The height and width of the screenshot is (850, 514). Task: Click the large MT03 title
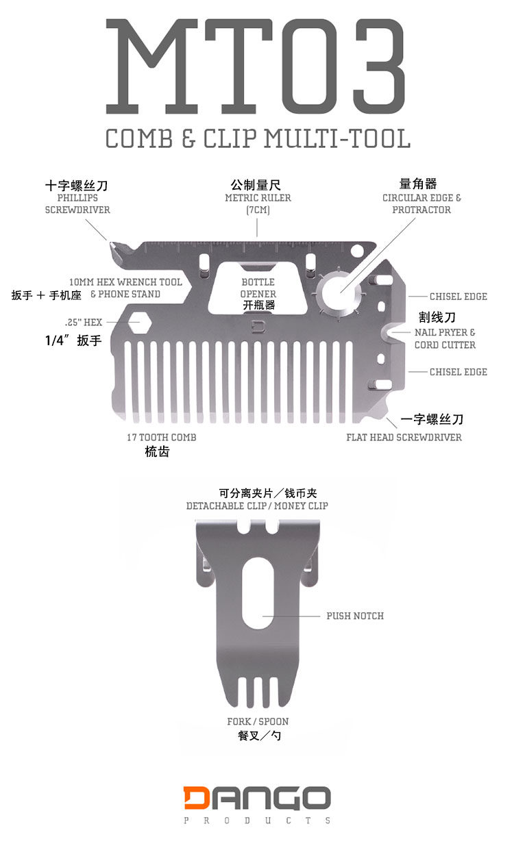pos(257,67)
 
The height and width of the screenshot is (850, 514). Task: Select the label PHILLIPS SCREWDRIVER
pos(77,203)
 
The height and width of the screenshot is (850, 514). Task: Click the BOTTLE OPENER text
pos(258,288)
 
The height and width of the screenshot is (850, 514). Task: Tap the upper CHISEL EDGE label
pos(458,297)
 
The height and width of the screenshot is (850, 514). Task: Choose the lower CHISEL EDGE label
pos(458,372)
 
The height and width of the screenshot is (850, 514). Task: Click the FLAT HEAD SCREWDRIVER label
pos(404,438)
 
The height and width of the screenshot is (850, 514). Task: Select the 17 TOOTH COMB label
pos(162,438)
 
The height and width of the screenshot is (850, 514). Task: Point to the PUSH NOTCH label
pos(355,616)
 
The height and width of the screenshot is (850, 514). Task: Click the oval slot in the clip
pos(257,591)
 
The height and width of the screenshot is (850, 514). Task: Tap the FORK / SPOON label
pos(258,721)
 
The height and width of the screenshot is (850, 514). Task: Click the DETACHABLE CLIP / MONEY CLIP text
pos(257,505)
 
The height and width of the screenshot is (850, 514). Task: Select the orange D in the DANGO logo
pos(199,798)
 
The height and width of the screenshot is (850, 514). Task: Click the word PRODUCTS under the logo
pos(257,821)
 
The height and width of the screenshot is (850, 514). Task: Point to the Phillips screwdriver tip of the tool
pos(111,245)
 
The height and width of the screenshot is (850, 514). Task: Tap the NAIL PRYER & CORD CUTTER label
pos(445,338)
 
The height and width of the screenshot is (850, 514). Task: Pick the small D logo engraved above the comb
pos(258,325)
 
